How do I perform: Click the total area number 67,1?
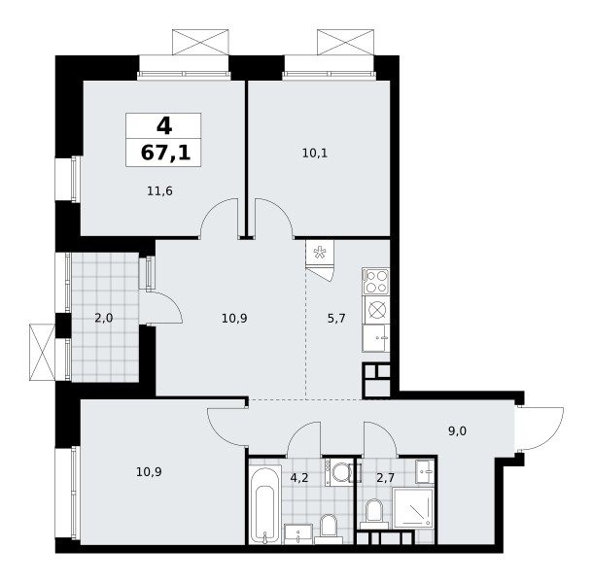tap(165, 154)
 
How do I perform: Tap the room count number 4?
tap(164, 125)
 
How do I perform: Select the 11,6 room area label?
tap(159, 191)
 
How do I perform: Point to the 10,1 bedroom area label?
tap(315, 154)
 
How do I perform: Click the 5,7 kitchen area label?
tap(336, 319)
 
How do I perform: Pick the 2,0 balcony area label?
tap(104, 319)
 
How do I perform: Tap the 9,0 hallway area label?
tap(457, 431)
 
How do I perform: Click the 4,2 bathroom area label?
tap(299, 478)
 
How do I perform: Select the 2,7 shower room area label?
tap(385, 478)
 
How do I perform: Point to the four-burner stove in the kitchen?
tap(375, 281)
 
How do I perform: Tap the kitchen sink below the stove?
tap(375, 338)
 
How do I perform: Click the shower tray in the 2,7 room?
tap(413, 507)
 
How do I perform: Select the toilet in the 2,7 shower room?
tap(374, 513)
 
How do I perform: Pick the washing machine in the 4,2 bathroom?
tap(338, 472)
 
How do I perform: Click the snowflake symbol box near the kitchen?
tap(320, 253)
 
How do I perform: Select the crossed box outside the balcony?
tap(43, 352)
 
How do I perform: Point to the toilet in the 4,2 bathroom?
tap(328, 526)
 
